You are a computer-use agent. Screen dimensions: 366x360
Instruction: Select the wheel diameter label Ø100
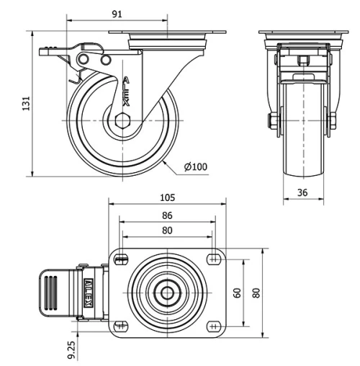coord(195,167)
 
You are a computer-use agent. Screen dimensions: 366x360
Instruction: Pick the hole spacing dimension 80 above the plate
coord(166,231)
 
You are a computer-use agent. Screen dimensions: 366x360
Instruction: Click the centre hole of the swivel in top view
coord(167,293)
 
